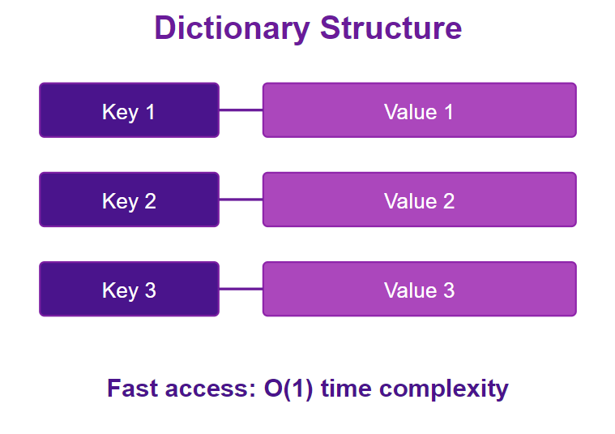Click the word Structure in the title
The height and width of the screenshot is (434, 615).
(x=391, y=28)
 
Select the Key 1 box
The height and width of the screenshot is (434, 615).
(x=129, y=110)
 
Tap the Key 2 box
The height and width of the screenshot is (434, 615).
(x=129, y=200)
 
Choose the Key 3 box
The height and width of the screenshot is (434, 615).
(x=129, y=289)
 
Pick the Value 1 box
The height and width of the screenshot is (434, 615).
(x=420, y=110)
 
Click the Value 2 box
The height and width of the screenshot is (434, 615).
(x=420, y=200)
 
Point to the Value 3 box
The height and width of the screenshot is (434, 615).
(x=420, y=289)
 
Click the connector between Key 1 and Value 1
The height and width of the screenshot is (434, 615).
(x=241, y=110)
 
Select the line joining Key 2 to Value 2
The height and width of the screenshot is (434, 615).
(x=241, y=200)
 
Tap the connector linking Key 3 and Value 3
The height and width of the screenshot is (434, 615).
(x=241, y=289)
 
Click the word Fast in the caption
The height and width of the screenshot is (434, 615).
(x=133, y=389)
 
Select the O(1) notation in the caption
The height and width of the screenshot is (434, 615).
(x=288, y=389)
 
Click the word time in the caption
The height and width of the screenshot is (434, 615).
(x=346, y=389)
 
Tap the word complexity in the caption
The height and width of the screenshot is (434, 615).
(x=444, y=390)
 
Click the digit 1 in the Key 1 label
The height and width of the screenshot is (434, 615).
(x=150, y=112)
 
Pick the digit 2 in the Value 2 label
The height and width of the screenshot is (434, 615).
(x=449, y=201)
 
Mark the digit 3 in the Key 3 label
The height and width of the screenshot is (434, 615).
(x=151, y=290)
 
